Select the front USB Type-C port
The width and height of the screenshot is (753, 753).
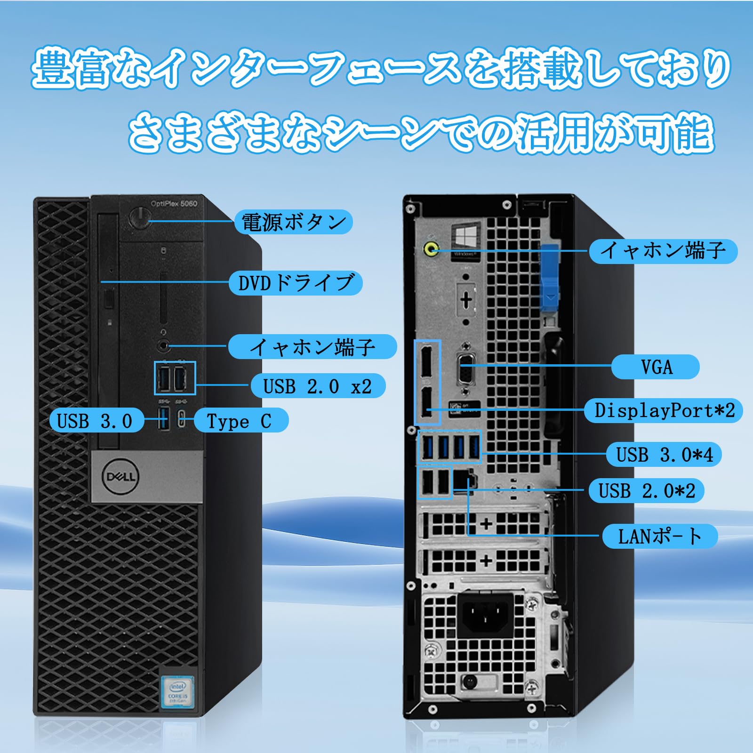tap(182, 419)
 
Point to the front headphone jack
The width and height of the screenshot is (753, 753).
tap(163, 346)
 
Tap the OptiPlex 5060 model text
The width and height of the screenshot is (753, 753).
tap(174, 203)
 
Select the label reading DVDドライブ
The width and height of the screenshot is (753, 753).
tap(296, 283)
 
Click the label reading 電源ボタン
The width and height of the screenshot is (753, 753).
tap(294, 222)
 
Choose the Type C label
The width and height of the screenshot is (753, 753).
tap(240, 420)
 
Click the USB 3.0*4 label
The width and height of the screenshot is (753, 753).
tap(664, 455)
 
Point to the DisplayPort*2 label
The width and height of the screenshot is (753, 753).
tap(664, 410)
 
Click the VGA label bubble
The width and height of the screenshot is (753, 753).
tap(656, 367)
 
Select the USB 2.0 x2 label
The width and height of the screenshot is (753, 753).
tap(318, 386)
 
